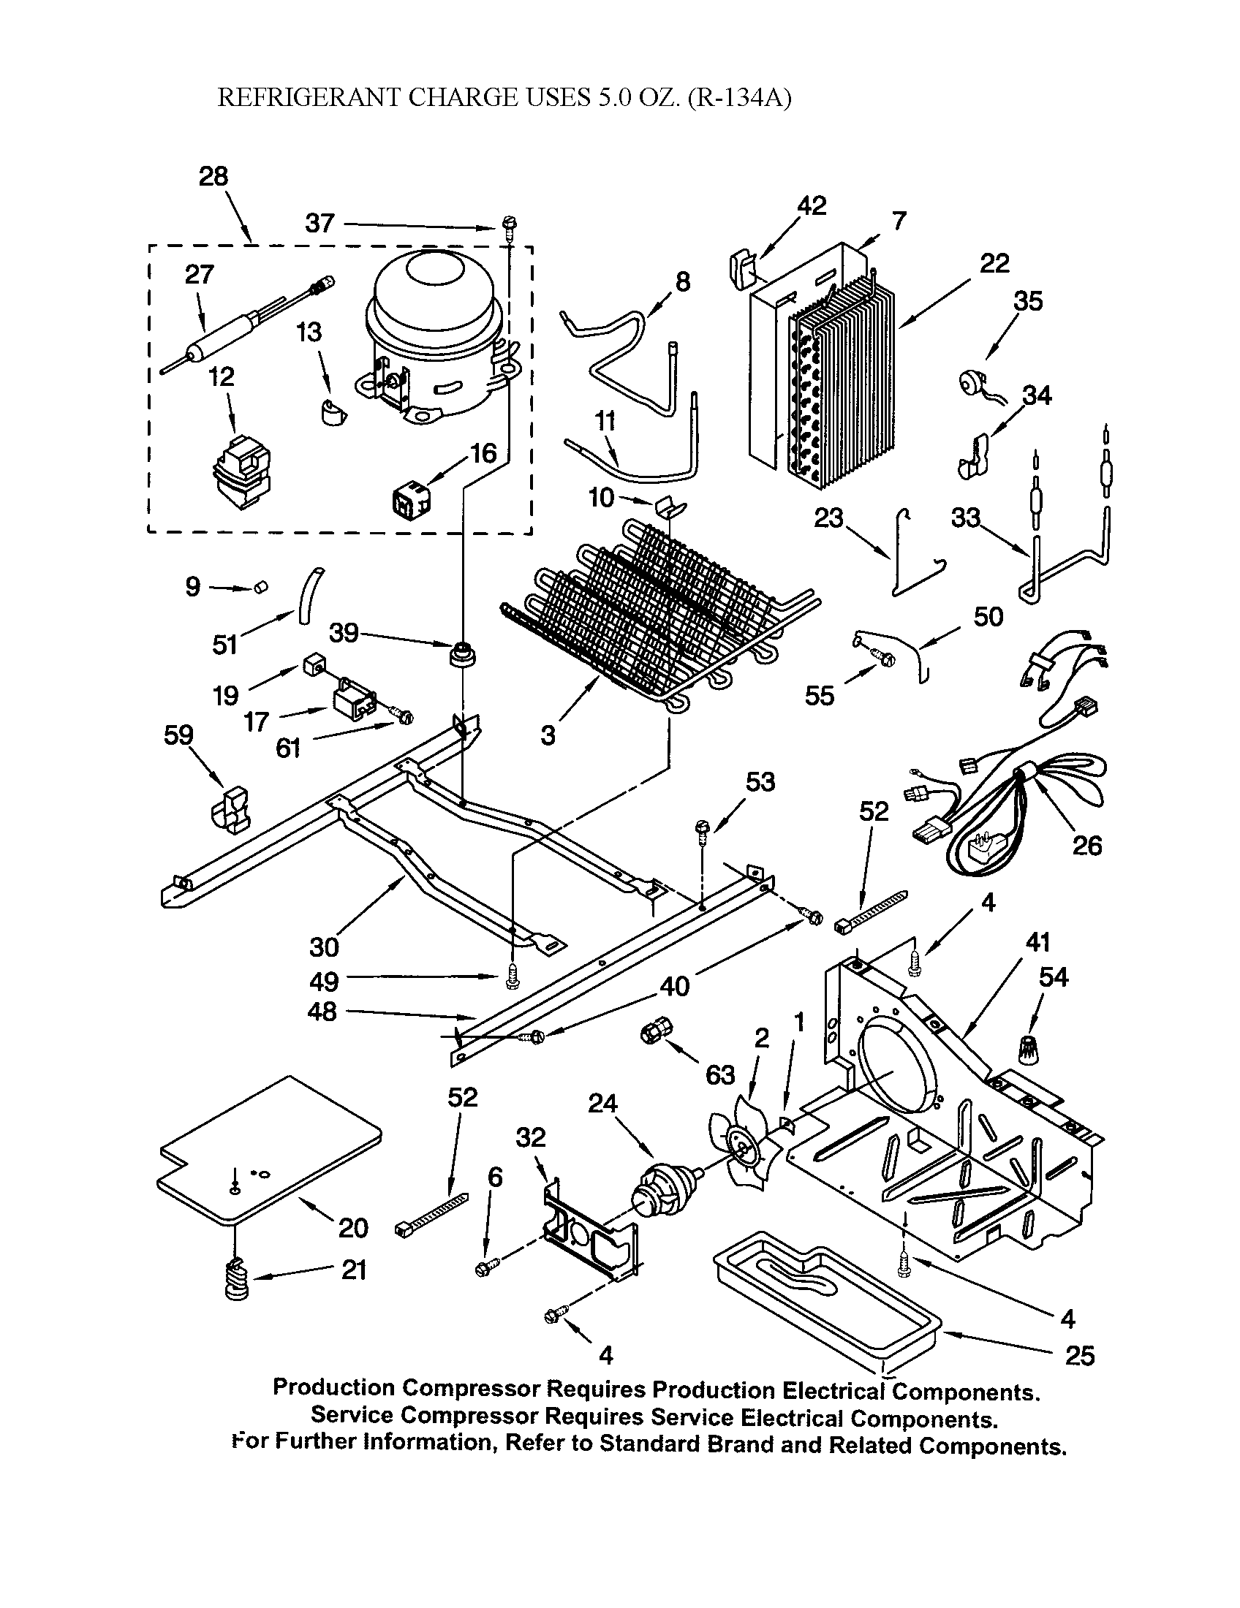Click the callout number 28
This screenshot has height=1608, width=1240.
pyautogui.click(x=213, y=177)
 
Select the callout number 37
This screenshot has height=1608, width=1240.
pyautogui.click(x=320, y=223)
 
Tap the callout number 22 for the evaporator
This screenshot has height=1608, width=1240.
pyautogui.click(x=994, y=263)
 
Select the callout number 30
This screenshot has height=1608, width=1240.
pyautogui.click(x=324, y=947)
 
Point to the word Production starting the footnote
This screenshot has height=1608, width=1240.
pyautogui.click(x=333, y=1387)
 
